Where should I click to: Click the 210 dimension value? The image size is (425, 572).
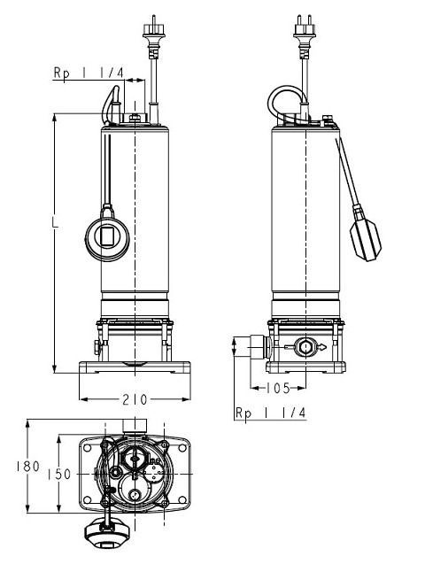click(135, 400)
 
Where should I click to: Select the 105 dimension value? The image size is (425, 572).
click(278, 388)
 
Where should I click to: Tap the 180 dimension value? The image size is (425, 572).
click(27, 466)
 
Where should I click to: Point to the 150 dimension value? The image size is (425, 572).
click(59, 475)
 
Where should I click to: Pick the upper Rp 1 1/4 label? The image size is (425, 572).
click(89, 73)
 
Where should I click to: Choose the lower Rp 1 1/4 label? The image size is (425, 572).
click(270, 413)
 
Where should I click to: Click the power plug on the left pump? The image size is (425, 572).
click(154, 35)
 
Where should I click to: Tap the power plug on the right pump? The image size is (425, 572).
click(305, 35)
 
